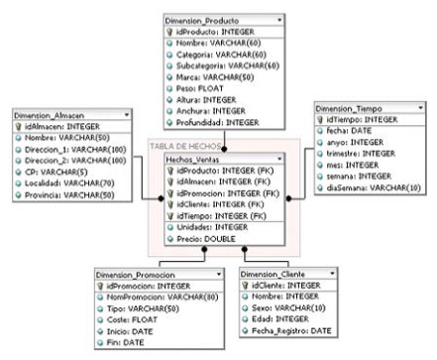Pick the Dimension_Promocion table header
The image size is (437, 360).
(136, 273)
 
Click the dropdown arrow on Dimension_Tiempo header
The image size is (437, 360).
(421, 106)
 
